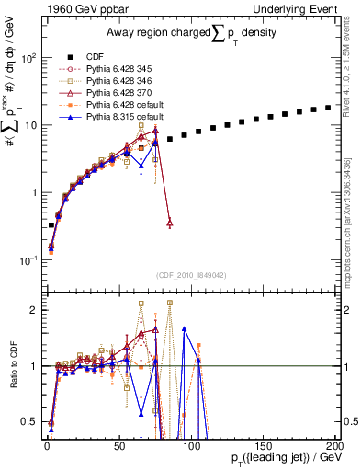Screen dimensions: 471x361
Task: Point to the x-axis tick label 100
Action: click(191, 446)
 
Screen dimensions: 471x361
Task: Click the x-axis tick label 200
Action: click(334, 446)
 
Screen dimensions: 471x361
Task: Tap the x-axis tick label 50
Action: click(119, 446)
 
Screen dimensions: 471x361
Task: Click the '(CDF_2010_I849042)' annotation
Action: click(190, 274)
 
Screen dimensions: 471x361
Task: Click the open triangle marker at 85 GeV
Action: click(170, 223)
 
